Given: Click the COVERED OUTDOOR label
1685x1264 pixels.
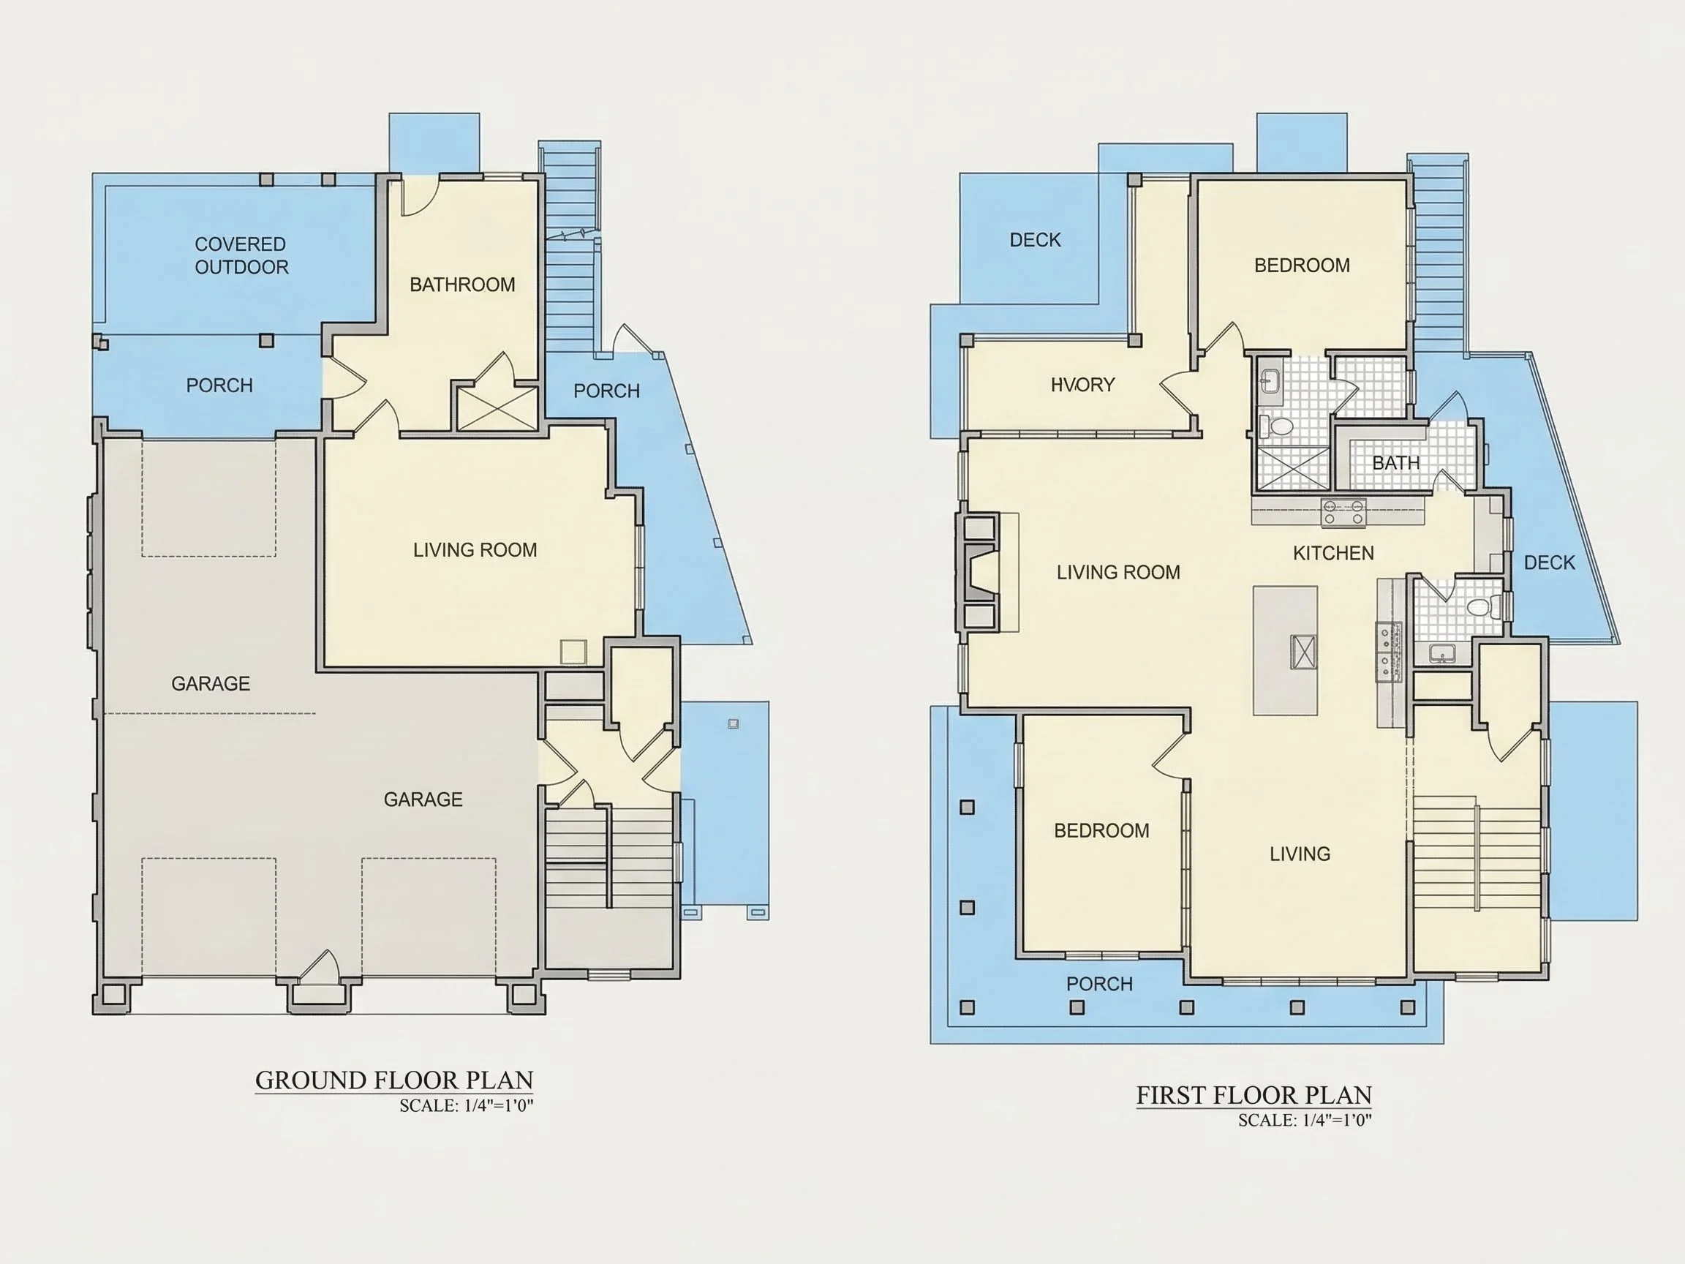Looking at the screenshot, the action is pyautogui.click(x=241, y=256).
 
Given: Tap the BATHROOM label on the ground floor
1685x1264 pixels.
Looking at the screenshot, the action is pyautogui.click(x=462, y=285).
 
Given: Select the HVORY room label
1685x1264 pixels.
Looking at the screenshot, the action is pyautogui.click(x=1082, y=385).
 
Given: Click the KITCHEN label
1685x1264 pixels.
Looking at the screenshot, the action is pyautogui.click(x=1333, y=553).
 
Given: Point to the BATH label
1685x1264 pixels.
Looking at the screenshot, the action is pyautogui.click(x=1395, y=462).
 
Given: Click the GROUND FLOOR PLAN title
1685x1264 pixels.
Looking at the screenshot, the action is pyautogui.click(x=394, y=1080).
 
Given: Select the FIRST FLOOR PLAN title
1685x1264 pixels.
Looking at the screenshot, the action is pyautogui.click(x=1254, y=1096).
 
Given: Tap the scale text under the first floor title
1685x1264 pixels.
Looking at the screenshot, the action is pyautogui.click(x=1305, y=1120).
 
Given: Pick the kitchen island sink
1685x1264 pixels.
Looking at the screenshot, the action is pyautogui.click(x=1303, y=652).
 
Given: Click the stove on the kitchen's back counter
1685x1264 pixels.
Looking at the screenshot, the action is pyautogui.click(x=1343, y=512).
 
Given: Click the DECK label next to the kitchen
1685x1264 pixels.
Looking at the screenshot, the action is pyautogui.click(x=1550, y=563).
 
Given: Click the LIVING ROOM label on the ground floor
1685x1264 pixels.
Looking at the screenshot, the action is pyautogui.click(x=475, y=550).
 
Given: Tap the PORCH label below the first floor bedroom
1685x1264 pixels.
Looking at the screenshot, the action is pyautogui.click(x=1099, y=984).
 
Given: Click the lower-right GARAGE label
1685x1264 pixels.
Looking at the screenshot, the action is pyautogui.click(x=423, y=800).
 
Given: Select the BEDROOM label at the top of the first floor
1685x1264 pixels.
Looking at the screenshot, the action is pyautogui.click(x=1302, y=265).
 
